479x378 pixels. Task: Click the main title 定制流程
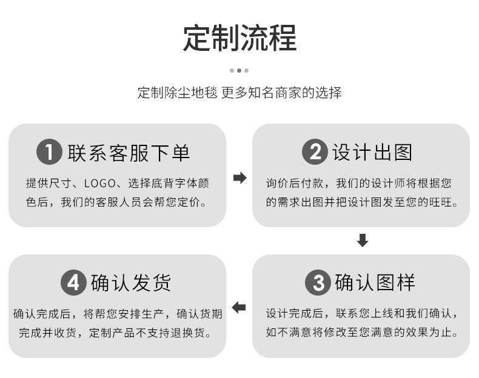point(239,38)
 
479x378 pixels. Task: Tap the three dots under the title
point(239,70)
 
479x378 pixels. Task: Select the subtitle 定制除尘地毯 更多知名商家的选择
point(239,93)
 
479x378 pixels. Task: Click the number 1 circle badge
point(49,151)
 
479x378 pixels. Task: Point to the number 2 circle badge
point(314,151)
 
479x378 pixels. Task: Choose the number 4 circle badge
point(73,282)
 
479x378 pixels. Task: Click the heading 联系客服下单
point(129,152)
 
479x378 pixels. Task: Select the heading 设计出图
point(372,152)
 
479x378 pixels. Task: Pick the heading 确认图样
point(375,282)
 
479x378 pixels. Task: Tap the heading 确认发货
point(131,282)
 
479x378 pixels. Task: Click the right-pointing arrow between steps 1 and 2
point(240,178)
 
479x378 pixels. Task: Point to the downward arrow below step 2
point(362,240)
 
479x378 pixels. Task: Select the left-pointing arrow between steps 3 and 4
point(239,307)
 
